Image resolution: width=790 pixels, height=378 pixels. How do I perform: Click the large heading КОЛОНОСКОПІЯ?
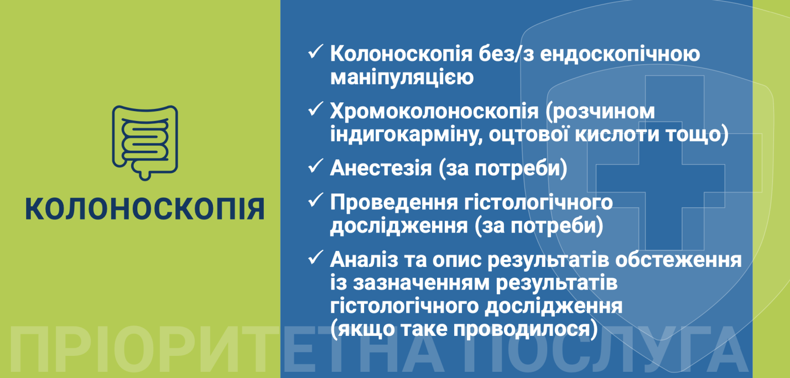coord(145,209)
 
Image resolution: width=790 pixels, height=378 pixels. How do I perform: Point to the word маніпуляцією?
coord(401,79)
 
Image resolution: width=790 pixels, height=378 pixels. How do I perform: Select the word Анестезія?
coord(381,169)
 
